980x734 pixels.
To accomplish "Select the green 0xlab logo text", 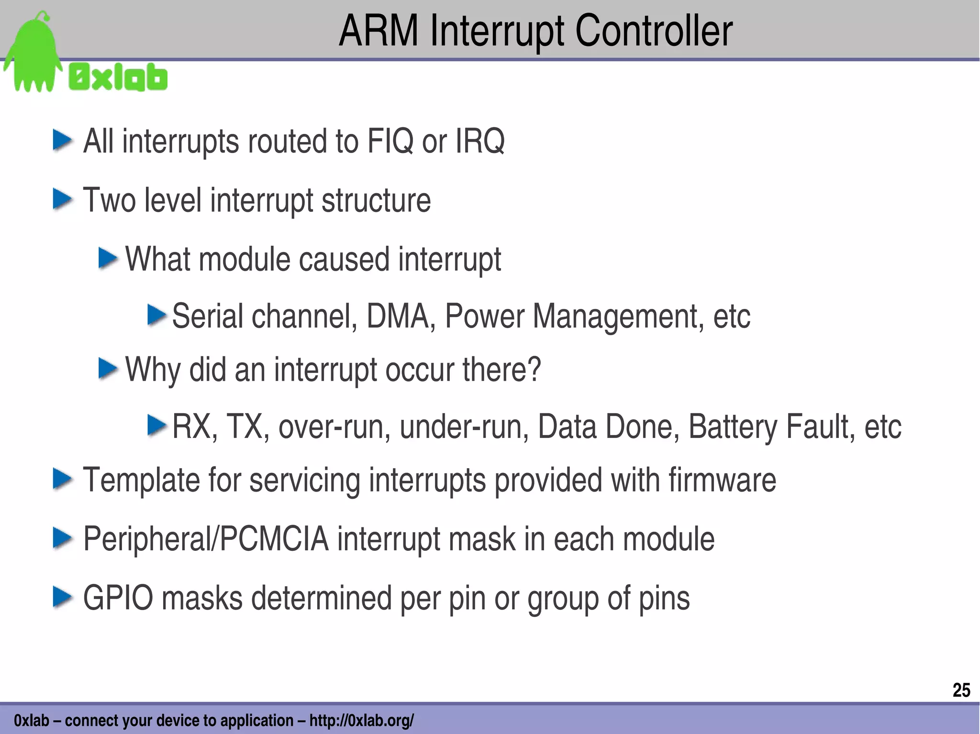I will click(118, 77).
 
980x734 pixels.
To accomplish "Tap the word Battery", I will click(733, 427).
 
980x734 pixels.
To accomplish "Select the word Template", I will click(141, 481).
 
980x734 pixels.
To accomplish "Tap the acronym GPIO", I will click(118, 598).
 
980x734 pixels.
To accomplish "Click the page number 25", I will click(961, 690).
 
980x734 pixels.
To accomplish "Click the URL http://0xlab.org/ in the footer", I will click(361, 720).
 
